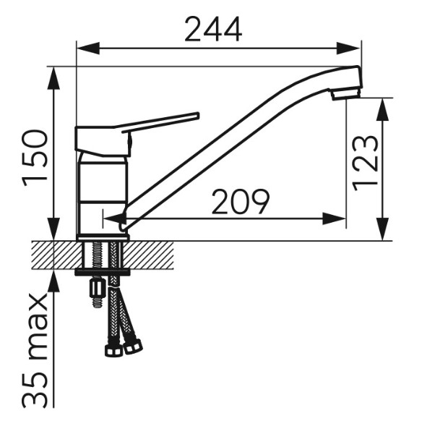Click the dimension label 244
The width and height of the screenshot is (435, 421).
tap(212, 29)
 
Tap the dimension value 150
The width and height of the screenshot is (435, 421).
tap(35, 158)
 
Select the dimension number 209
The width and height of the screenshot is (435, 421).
tap(240, 202)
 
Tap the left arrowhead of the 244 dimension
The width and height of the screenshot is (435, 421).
tap(88, 48)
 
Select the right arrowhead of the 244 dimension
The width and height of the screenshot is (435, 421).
tap(348, 48)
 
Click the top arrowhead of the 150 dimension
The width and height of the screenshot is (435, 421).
tap(53, 78)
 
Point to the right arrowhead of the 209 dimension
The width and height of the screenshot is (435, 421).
tap(335, 219)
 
